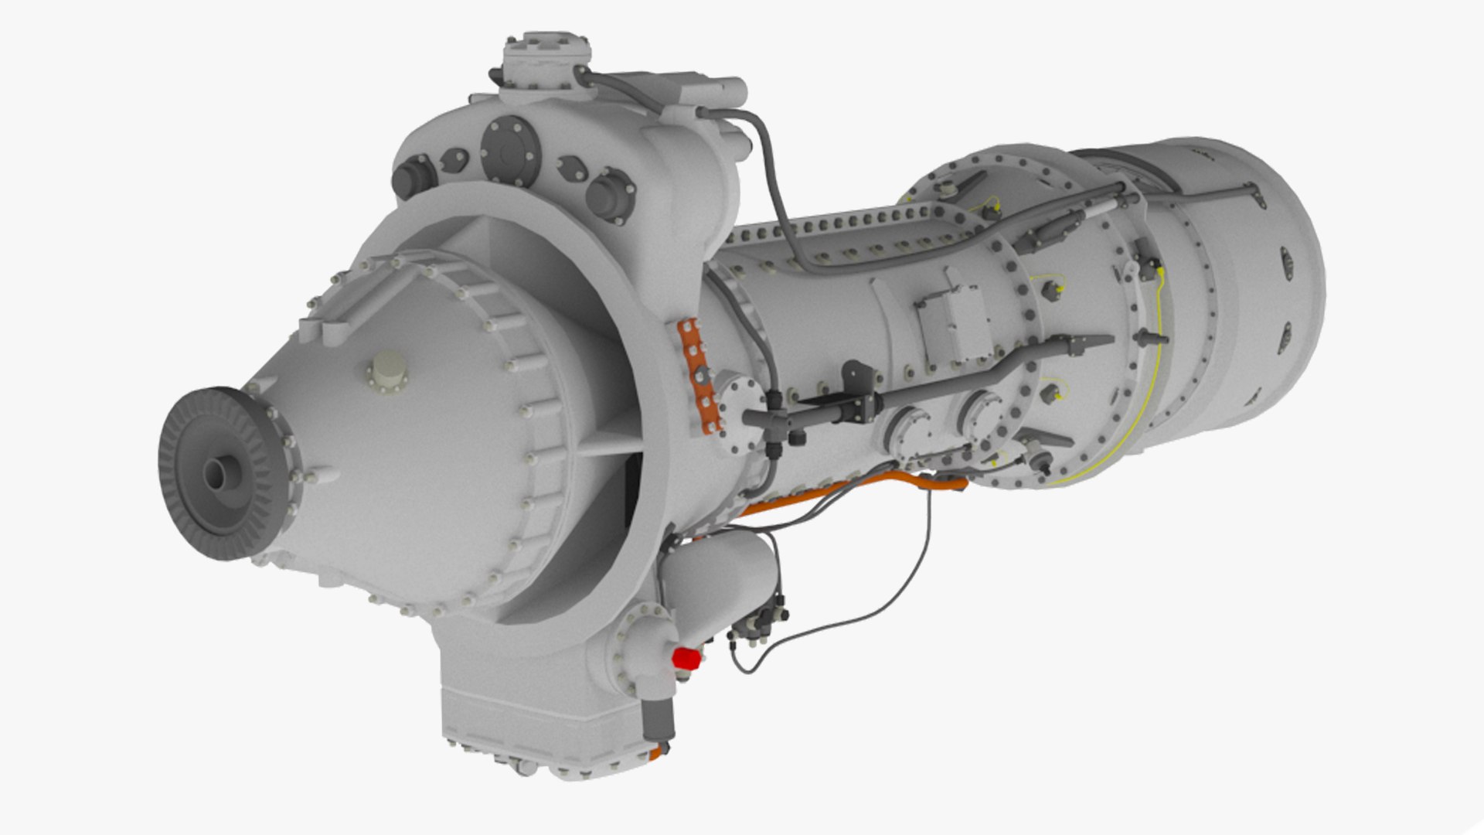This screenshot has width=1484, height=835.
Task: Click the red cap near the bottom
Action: point(686,658)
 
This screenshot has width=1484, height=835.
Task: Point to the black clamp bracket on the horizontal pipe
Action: point(858,394)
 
